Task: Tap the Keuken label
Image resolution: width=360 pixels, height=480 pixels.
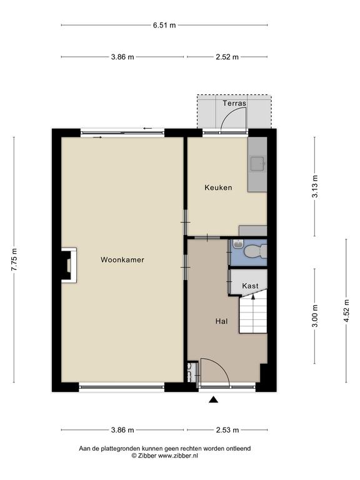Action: pos(218,187)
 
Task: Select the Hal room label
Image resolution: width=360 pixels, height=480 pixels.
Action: pos(221,321)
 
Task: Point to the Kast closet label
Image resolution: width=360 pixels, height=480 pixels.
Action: pos(250,286)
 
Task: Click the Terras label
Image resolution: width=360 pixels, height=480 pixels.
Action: pos(234,103)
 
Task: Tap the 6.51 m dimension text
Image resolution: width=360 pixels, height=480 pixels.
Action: pos(164,25)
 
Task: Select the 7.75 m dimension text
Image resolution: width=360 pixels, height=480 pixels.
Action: pos(14,259)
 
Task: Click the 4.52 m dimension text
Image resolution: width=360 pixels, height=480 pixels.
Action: pos(346,311)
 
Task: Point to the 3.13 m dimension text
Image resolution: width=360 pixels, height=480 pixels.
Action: pos(315,187)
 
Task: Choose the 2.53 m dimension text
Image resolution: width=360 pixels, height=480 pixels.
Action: pos(227,430)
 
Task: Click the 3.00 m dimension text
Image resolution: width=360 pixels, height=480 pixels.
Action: pos(315,316)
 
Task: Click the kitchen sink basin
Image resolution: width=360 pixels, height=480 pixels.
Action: pos(257,164)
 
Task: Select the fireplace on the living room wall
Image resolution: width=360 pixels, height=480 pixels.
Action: pos(69,265)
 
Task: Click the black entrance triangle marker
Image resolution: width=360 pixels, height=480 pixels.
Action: pos(213,399)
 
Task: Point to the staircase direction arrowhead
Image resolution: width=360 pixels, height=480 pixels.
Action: pos(253,296)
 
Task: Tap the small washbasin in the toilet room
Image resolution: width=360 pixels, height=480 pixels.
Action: pos(237,244)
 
